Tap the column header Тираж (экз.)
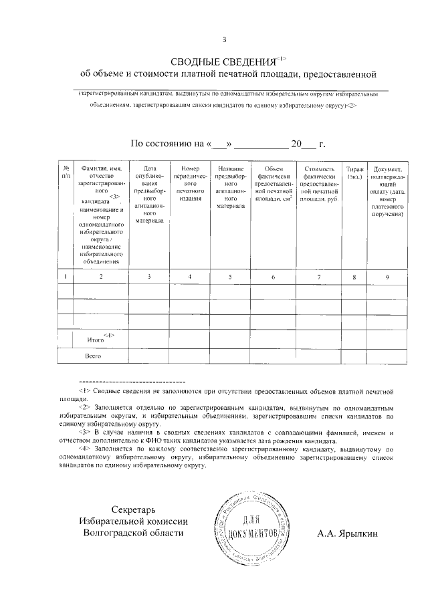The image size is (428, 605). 354,173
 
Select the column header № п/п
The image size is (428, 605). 66,173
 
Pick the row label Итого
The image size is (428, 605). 96,340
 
